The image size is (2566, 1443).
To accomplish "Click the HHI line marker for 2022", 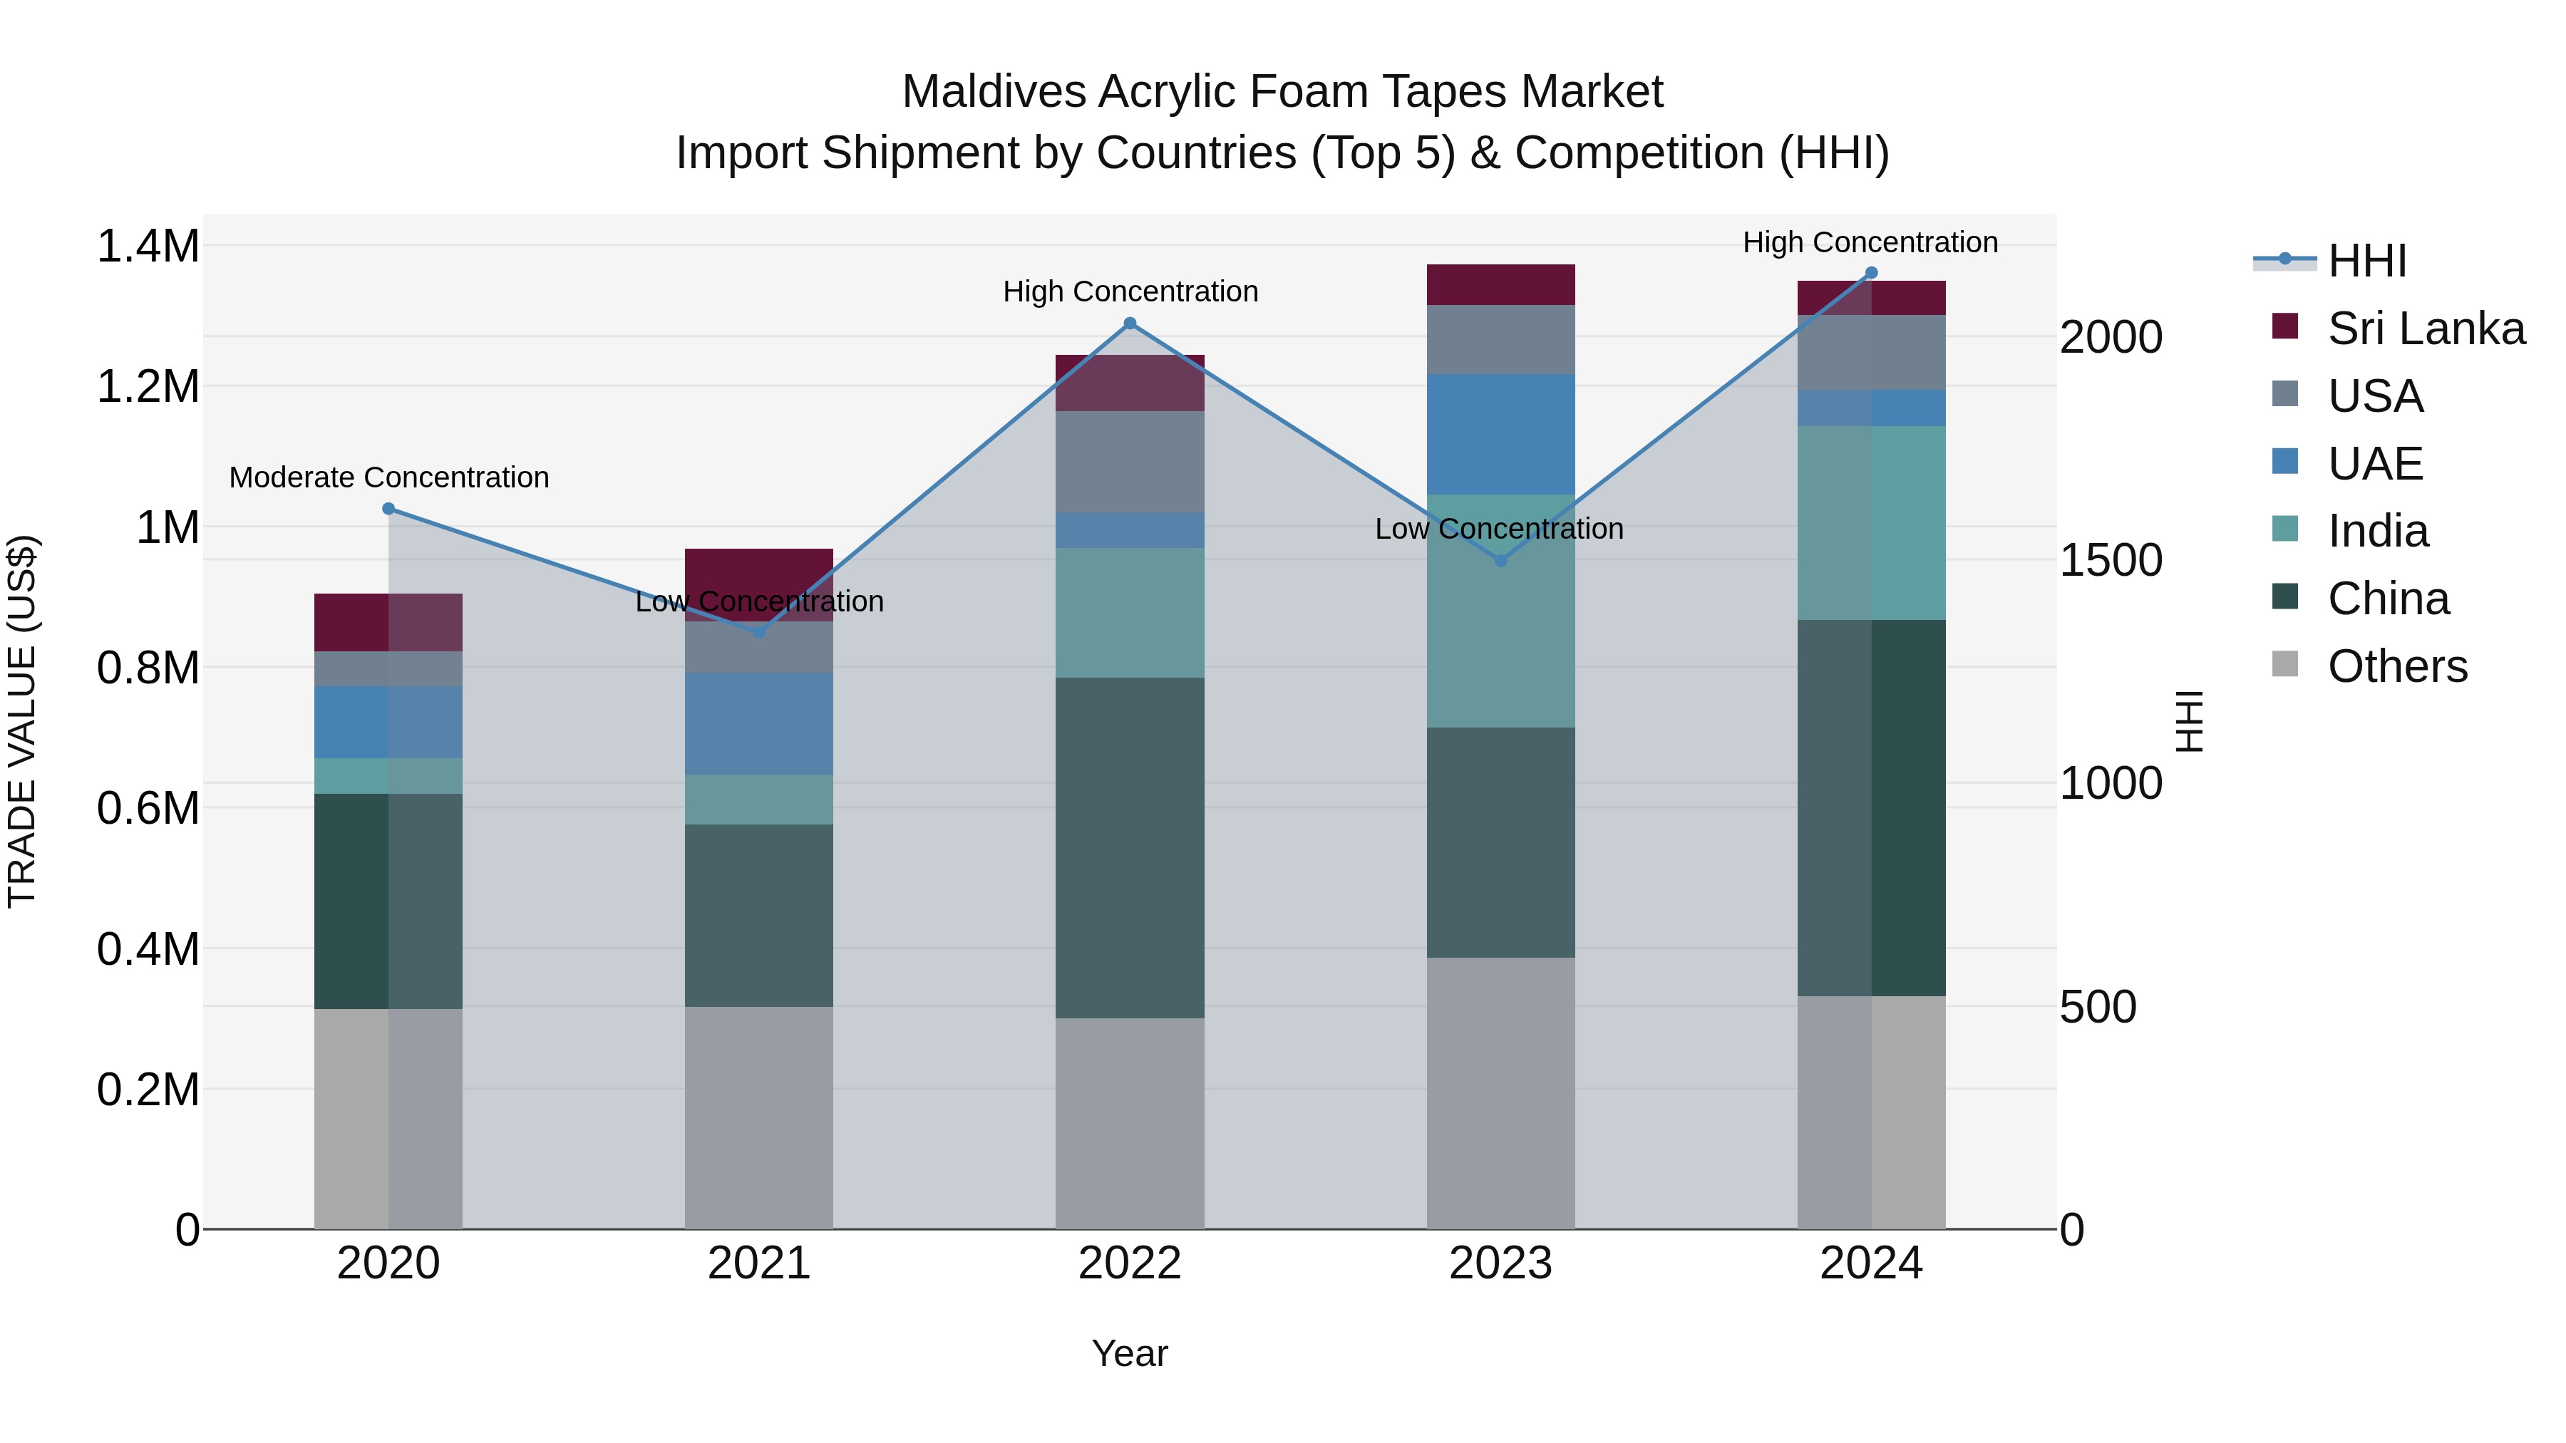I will pos(1130,324).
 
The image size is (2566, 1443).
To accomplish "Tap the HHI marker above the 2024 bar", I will pos(1871,273).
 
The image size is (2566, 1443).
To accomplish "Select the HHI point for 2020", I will pos(388,509).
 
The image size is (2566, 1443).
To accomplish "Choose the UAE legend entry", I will pos(2375,464).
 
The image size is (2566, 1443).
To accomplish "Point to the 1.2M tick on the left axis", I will pos(148,386).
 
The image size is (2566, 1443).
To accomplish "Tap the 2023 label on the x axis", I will pos(1500,1263).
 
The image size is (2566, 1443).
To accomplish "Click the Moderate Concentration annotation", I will pos(388,478).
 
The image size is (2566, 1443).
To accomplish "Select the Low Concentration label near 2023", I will pos(1499,529).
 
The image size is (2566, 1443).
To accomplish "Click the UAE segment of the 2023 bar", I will pos(1500,434).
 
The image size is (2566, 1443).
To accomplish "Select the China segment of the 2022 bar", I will pos(1130,847).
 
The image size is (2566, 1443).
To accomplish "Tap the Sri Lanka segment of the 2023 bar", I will pos(1500,285).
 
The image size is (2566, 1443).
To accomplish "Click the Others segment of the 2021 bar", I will pos(759,1117).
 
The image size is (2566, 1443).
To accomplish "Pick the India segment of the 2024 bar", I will pos(1871,523).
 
